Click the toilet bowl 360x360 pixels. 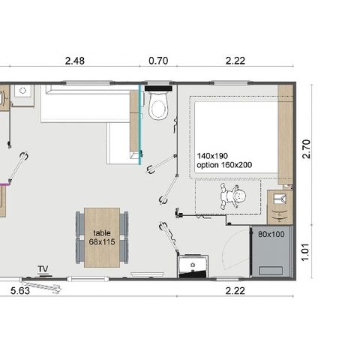158,109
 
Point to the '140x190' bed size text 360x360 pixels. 211,155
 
